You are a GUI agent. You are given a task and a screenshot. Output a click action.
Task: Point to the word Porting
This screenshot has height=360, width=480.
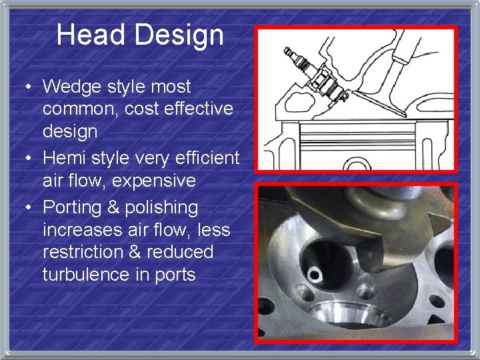tap(75, 207)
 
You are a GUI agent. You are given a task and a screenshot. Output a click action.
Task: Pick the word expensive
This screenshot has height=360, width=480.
tap(155, 181)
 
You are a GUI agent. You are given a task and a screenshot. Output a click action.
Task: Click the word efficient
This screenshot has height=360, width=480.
tap(207, 158)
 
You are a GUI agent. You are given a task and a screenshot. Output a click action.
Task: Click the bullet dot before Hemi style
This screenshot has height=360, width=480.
tap(29, 159)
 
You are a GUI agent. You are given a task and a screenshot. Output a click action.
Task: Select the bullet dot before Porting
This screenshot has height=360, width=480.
tap(29, 208)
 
